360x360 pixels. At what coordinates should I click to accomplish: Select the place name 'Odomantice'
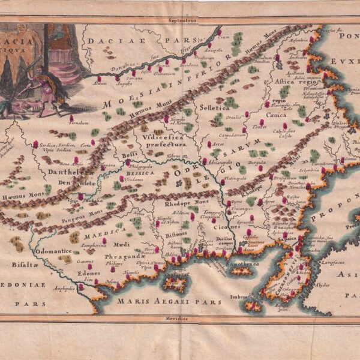pyautogui.click(x=54, y=251)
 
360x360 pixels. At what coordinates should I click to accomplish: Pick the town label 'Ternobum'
pyautogui.click(x=78, y=122)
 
